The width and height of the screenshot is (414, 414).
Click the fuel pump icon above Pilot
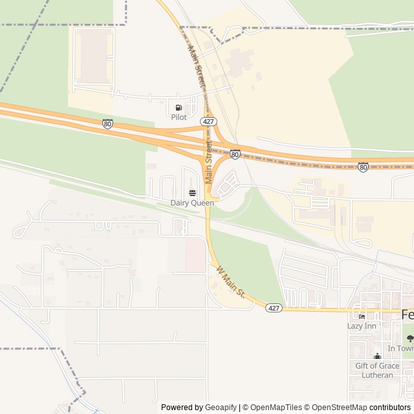(x=179, y=107)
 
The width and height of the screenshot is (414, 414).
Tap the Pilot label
(x=179, y=117)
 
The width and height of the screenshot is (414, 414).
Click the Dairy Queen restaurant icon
(x=192, y=193)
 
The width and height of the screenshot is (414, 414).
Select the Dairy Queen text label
(x=192, y=202)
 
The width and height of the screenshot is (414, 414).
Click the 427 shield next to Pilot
(x=208, y=121)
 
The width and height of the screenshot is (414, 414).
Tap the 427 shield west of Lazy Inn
(x=273, y=309)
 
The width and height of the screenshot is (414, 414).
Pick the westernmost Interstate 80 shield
(x=107, y=124)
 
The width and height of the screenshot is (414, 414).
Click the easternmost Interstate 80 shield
(x=364, y=167)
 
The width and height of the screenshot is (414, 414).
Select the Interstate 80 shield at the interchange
(x=235, y=155)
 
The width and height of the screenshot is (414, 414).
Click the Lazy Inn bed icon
(x=362, y=316)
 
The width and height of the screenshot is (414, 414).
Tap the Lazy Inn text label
(x=362, y=326)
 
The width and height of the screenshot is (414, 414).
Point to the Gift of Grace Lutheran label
(x=378, y=371)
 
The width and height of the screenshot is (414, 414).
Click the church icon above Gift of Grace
(x=378, y=356)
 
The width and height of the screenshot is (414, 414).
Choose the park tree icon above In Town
(x=408, y=338)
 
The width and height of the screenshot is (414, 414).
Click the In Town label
(x=400, y=348)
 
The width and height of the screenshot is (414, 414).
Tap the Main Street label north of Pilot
(x=197, y=66)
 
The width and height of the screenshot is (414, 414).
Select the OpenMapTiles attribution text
(x=276, y=408)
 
